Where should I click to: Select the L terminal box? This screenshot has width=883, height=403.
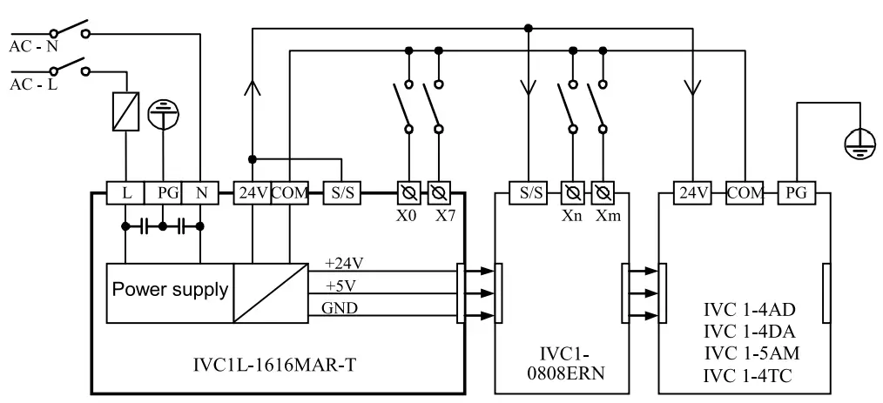click(127, 192)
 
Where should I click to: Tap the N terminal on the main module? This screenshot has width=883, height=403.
click(200, 192)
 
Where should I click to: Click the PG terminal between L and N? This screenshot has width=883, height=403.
click(164, 192)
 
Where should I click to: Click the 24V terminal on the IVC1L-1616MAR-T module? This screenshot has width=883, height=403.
click(251, 192)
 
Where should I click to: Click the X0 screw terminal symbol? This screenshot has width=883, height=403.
click(407, 192)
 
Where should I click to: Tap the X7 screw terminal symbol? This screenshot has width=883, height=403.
click(439, 192)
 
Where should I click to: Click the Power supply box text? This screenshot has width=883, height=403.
click(170, 290)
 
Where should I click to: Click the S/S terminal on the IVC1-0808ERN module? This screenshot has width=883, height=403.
click(529, 192)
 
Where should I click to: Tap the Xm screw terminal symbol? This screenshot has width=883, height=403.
click(604, 192)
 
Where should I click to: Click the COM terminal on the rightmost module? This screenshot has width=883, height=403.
click(744, 192)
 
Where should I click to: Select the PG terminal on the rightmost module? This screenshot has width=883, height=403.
click(795, 192)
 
